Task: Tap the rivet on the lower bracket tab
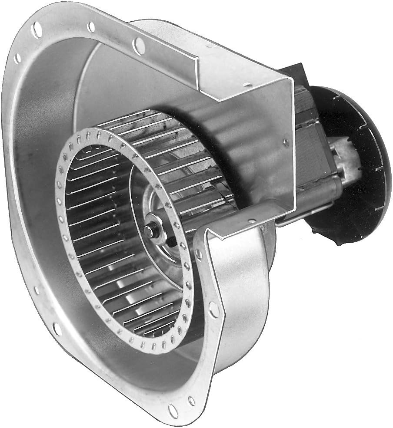pyautogui.click(x=251, y=221)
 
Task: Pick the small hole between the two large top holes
pyautogui.click(x=91, y=27)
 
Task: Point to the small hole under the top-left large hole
pyautogui.click(x=17, y=58)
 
